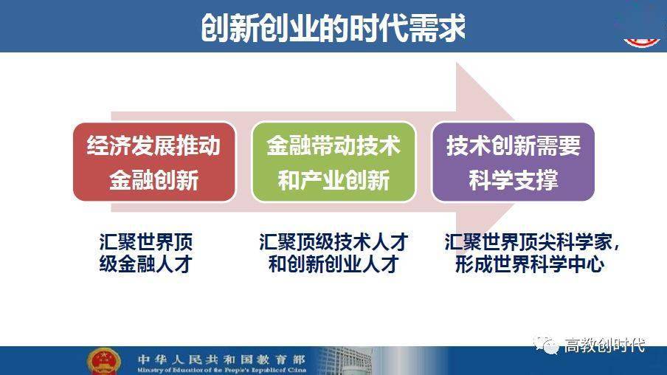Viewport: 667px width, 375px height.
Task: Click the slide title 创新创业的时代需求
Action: (333, 27)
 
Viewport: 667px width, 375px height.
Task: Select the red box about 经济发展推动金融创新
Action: (154, 162)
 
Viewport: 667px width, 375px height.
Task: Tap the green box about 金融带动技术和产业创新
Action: (333, 162)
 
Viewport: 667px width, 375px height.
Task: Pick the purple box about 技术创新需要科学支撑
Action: (513, 162)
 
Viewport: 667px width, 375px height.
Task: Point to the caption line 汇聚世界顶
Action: (146, 242)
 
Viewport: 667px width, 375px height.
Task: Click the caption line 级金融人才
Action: (146, 264)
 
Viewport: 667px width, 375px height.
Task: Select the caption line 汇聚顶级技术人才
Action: (333, 242)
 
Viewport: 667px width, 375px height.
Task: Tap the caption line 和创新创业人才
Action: (333, 264)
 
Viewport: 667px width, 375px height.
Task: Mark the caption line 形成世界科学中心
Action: (530, 264)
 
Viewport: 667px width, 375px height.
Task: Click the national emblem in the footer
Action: (103, 362)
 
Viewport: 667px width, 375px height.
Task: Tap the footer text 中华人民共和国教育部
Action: (221, 359)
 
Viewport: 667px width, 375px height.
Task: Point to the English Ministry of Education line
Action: (221, 370)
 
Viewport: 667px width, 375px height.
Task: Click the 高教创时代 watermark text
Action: (604, 345)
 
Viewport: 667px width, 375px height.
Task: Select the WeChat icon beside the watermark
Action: (547, 345)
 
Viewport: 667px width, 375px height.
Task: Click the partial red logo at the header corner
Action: (641, 43)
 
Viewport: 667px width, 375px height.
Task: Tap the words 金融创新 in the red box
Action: (154, 180)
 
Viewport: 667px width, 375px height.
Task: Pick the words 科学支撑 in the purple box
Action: (513, 180)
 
